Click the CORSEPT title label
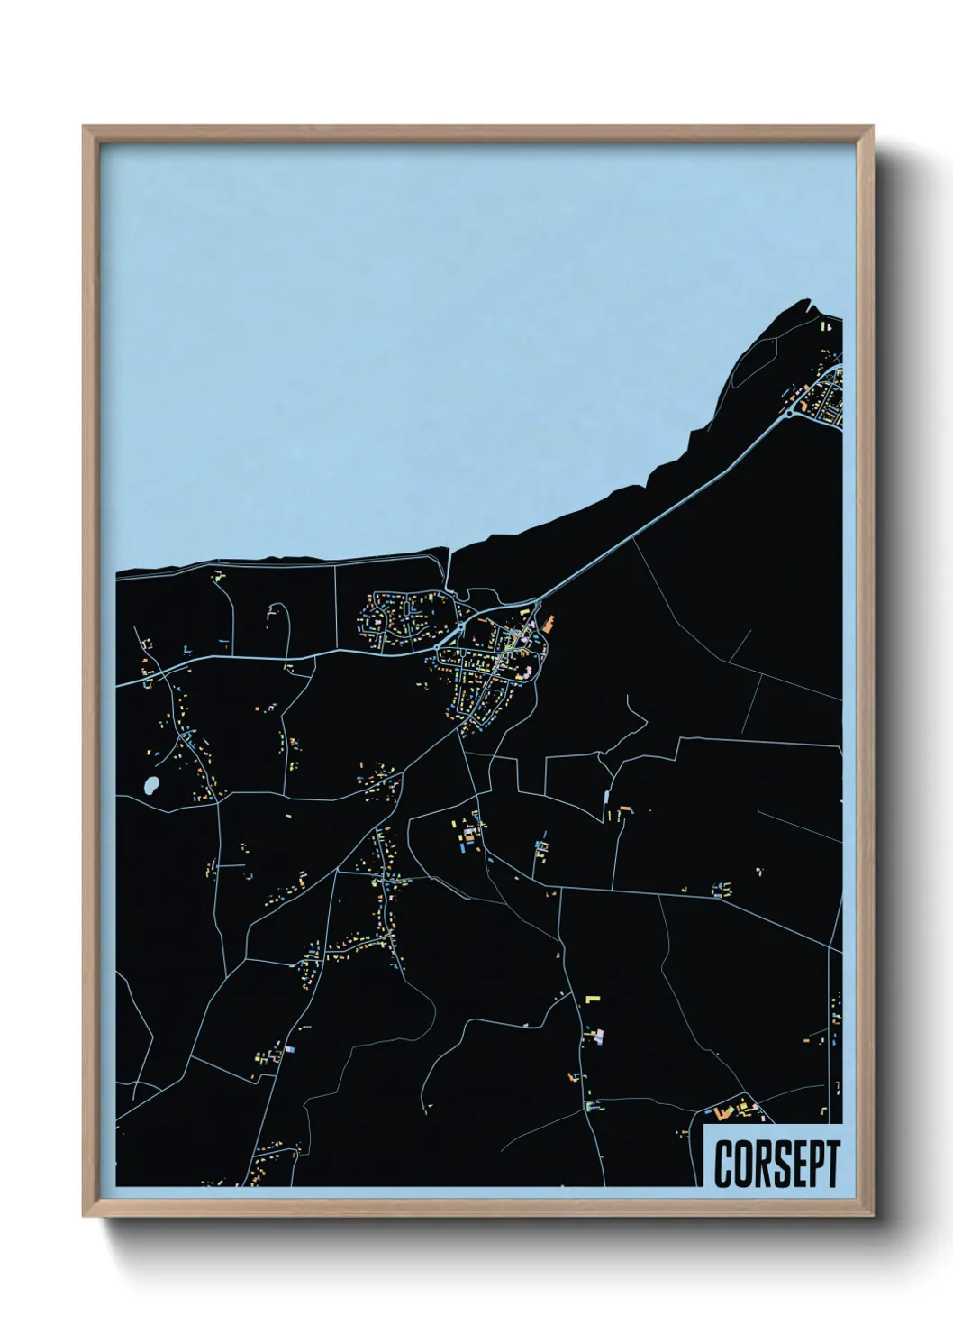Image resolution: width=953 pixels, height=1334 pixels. [776, 1163]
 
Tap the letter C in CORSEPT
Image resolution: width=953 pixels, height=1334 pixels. [724, 1164]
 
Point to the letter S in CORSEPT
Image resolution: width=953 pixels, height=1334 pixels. [776, 1164]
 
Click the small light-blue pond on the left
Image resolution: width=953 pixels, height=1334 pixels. [150, 785]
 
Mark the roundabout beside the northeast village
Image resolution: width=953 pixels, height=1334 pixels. [790, 413]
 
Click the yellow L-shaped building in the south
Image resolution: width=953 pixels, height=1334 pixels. [592, 999]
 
